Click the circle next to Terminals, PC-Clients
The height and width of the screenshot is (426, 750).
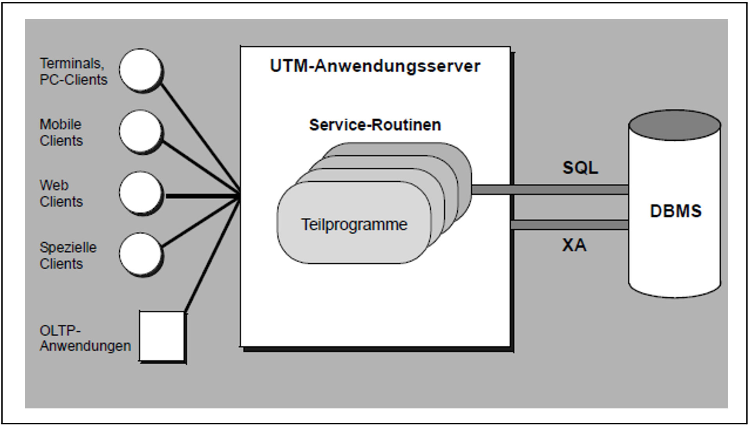click(x=140, y=70)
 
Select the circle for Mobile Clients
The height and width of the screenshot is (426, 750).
click(x=140, y=131)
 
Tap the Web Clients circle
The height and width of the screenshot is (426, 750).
click(x=140, y=193)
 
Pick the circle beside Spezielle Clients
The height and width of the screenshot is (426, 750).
click(x=140, y=254)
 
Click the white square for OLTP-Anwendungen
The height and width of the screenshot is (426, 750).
click(x=161, y=336)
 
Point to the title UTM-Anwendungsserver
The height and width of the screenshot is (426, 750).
click(x=375, y=66)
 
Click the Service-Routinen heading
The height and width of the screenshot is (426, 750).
click(x=375, y=125)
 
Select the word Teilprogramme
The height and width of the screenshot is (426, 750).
click(x=354, y=225)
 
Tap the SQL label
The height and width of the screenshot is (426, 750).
click(x=580, y=168)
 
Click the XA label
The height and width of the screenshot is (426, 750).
click(x=574, y=245)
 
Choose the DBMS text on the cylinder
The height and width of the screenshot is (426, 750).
click(x=675, y=211)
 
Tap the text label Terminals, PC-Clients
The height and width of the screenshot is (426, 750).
click(x=73, y=72)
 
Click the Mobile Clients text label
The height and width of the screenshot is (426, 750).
click(x=61, y=132)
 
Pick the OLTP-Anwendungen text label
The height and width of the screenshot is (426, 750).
click(x=85, y=338)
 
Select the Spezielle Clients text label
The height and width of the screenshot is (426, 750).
click(x=68, y=256)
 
